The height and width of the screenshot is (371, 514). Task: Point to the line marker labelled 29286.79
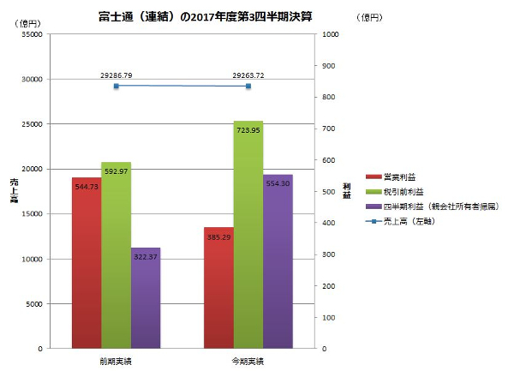click(x=116, y=86)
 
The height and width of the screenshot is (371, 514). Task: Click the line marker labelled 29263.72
click(x=248, y=87)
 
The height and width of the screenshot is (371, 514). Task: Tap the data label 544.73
click(x=87, y=186)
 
